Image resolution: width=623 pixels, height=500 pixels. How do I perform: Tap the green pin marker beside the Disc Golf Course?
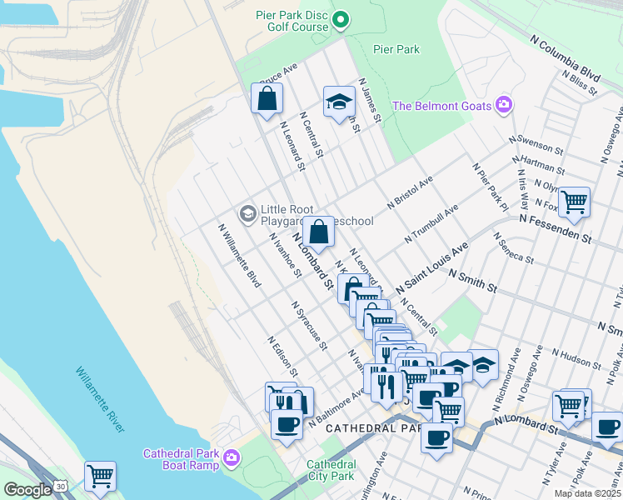tap(340, 19)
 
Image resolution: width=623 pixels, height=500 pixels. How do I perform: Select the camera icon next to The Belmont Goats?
tap(503, 105)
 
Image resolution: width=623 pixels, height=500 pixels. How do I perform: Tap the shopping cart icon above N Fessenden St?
tap(574, 201)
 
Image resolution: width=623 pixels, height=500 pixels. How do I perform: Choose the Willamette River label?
tap(99, 399)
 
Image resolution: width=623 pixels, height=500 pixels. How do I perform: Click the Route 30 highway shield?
tap(61, 486)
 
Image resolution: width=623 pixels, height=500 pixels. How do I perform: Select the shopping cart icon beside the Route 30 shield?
tap(100, 476)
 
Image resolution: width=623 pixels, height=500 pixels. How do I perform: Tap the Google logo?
tap(27, 490)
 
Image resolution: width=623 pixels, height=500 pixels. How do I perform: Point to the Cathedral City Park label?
tap(331, 470)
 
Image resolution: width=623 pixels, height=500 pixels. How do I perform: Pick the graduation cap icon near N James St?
tap(338, 102)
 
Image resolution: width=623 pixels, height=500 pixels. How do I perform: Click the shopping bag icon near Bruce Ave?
tap(267, 99)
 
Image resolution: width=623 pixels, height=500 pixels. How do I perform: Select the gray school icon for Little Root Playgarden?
tap(247, 214)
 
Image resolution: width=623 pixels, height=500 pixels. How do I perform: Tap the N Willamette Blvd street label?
tap(240, 255)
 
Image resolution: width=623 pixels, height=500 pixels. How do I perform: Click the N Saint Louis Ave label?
tap(432, 267)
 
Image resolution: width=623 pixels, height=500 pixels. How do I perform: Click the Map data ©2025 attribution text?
tap(587, 493)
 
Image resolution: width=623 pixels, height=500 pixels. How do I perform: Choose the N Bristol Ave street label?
tap(411, 192)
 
